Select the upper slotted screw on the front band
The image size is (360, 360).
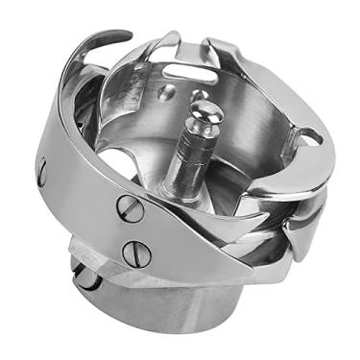[131, 206]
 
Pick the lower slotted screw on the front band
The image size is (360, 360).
[136, 253]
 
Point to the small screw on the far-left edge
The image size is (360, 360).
[41, 170]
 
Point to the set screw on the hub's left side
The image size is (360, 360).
[86, 277]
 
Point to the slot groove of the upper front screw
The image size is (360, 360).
[131, 206]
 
